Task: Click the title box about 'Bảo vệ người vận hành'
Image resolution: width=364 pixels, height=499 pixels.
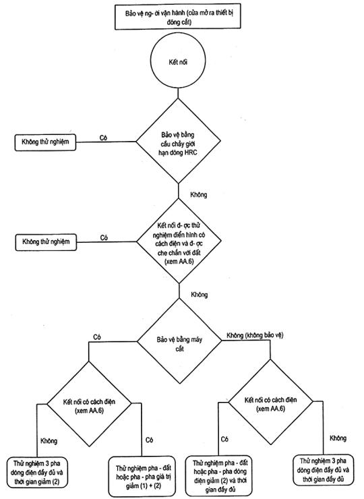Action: pos(177,17)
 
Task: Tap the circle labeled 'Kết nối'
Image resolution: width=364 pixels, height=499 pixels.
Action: pos(178,61)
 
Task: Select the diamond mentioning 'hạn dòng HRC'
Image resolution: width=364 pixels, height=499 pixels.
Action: pos(178,141)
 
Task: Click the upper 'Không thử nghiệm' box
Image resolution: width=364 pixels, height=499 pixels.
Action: pos(45,142)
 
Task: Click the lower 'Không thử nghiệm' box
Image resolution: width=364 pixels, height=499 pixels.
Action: pos(46,242)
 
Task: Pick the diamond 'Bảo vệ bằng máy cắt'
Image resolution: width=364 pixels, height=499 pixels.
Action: pos(179,341)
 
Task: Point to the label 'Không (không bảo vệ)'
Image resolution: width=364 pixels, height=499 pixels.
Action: pos(255,335)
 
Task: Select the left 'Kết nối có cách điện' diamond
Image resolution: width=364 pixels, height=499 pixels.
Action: pos(89,403)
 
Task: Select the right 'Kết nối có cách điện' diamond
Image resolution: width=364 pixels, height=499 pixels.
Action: pos(271,402)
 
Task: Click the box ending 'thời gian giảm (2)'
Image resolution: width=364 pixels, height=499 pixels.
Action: pos(37,473)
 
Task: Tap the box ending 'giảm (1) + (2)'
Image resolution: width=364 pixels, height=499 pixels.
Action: pos(143,477)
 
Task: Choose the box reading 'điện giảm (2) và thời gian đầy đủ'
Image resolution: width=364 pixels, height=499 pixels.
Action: pos(220,476)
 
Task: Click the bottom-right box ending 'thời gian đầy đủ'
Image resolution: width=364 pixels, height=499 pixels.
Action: pos(323,470)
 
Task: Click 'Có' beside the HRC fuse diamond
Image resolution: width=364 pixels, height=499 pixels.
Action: pos(103,138)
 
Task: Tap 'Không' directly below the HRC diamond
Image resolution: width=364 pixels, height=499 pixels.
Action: pos(199,194)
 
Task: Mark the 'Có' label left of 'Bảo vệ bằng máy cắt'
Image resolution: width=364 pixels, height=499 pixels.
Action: pos(97,337)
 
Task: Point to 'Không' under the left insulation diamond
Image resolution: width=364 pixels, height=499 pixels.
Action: pos(49,441)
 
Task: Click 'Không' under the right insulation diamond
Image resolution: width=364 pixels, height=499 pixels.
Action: pos(338,438)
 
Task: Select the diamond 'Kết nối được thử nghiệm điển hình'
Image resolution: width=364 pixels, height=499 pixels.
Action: pos(179,241)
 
